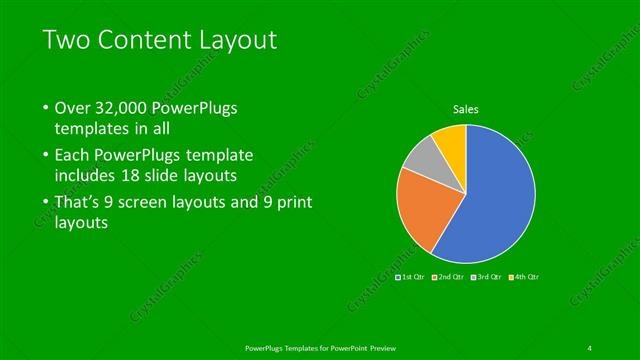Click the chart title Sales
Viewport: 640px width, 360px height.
coord(465,109)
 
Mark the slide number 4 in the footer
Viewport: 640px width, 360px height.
coord(590,347)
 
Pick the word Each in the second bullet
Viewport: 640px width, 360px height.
coord(73,156)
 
